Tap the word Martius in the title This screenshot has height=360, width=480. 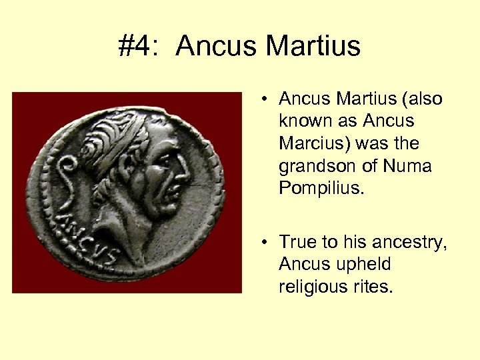click(313, 46)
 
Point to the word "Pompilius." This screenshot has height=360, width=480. click(322, 188)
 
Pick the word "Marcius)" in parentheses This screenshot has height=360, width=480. click(313, 143)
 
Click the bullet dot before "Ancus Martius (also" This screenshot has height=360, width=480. click(265, 99)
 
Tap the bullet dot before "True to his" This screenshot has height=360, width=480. click(265, 242)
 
